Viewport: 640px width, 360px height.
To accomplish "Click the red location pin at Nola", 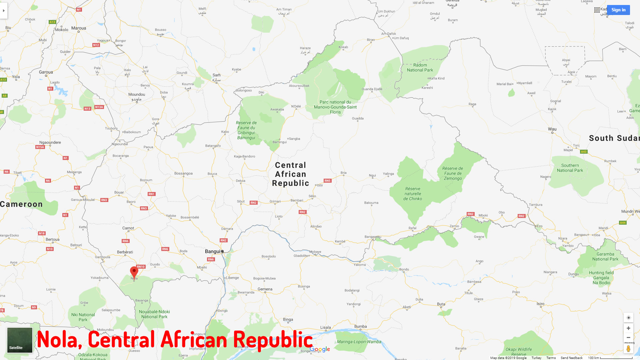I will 134,272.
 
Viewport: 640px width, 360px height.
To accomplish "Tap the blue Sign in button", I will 618,10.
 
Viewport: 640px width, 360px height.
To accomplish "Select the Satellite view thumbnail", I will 20,340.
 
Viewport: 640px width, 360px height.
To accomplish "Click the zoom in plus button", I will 628,328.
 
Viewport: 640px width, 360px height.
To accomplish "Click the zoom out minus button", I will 628,338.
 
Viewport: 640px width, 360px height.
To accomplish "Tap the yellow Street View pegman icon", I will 628,349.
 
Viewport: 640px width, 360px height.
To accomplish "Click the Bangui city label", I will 213,251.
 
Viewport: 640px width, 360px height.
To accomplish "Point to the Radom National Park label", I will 420,68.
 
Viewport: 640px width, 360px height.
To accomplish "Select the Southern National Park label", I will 570,168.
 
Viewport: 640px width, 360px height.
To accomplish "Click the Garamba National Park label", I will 605,257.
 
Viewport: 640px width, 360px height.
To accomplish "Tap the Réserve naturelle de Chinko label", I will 413,194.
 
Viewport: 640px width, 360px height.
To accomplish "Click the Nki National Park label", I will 83,317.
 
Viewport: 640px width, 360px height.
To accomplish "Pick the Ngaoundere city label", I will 50,142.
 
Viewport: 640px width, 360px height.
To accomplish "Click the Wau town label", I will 552,129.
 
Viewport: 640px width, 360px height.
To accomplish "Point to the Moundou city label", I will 137,95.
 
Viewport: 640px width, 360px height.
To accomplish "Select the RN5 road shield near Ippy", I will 327,181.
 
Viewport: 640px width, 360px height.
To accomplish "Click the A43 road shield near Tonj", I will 583,152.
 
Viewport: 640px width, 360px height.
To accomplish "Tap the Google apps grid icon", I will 597,10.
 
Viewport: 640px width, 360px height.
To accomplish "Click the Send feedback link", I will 571,358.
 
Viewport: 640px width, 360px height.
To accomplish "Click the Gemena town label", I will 265,289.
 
